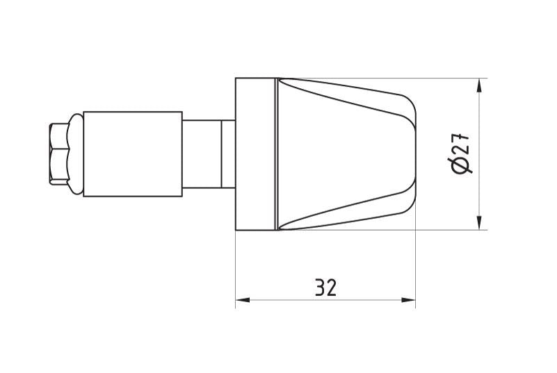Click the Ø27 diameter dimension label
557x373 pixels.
tap(459, 154)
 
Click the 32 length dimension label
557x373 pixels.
tap(325, 288)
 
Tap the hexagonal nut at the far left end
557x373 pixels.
tap(59, 154)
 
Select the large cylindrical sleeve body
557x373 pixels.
tap(133, 154)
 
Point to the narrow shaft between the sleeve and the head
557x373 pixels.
tap(202, 154)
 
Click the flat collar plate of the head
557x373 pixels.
tap(255, 154)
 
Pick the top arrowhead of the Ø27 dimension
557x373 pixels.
tap(479, 86)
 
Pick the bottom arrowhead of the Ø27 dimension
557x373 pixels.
tap(479, 222)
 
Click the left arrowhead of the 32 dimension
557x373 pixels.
tap(243, 300)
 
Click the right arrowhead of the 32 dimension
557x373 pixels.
tap(408, 300)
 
